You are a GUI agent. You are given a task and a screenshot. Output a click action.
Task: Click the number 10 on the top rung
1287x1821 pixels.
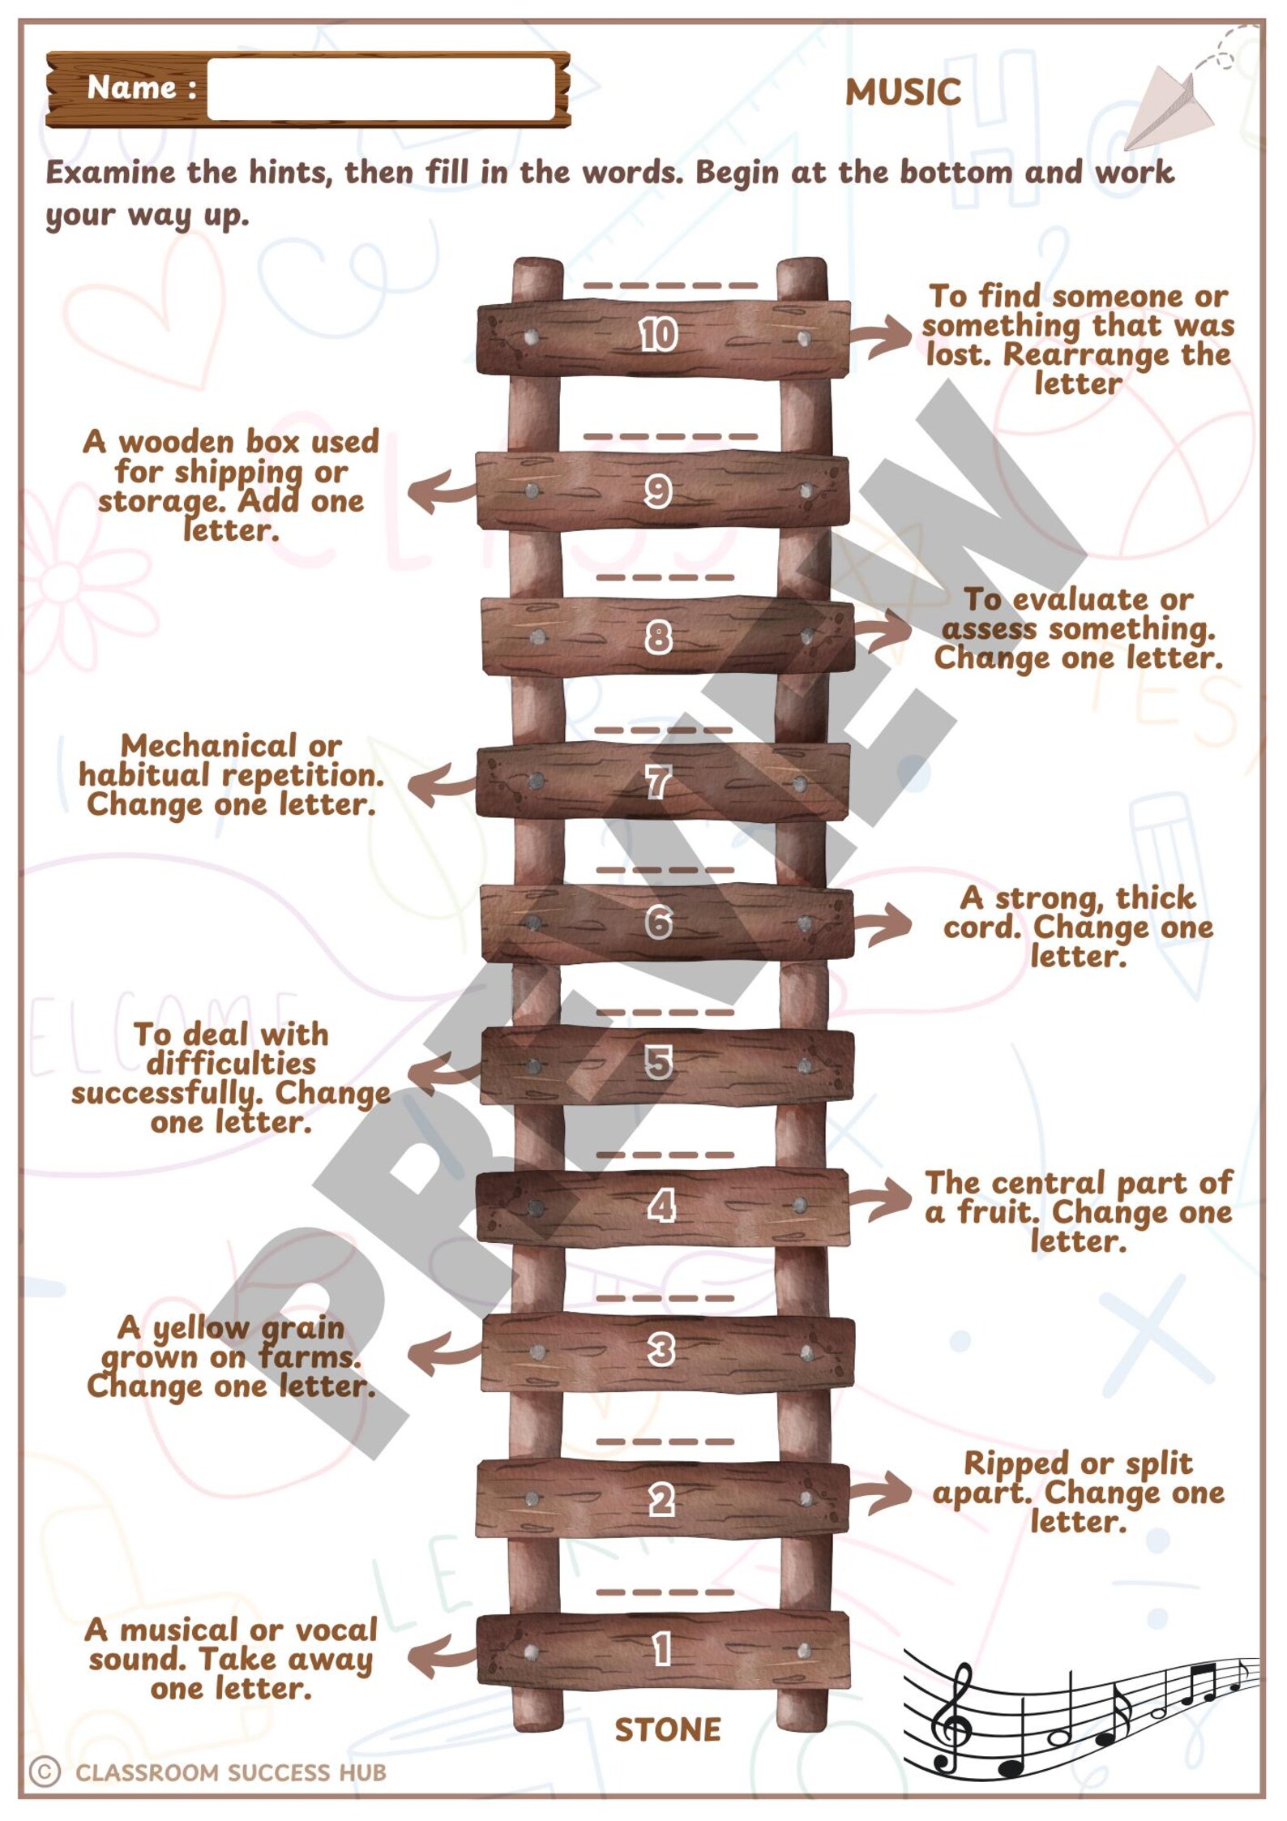pos(657,334)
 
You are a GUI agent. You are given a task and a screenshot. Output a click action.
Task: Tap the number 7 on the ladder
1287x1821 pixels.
pos(657,782)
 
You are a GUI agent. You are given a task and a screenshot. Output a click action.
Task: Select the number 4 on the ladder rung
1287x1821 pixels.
pos(661,1206)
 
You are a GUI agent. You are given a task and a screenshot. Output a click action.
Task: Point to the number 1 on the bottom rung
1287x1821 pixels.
pos(661,1649)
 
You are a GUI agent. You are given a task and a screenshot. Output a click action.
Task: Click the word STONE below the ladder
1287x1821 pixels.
pos(667,1730)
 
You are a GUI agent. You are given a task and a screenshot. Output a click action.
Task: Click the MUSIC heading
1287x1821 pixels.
pos(903,92)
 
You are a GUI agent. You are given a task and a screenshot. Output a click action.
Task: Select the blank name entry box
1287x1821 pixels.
pos(381,88)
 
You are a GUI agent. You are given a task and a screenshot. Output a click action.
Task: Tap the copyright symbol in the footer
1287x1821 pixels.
pos(45,1772)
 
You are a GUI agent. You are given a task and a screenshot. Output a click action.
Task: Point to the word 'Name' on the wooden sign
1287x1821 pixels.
pos(130,87)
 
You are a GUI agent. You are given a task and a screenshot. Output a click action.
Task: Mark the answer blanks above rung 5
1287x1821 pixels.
pos(664,1012)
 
